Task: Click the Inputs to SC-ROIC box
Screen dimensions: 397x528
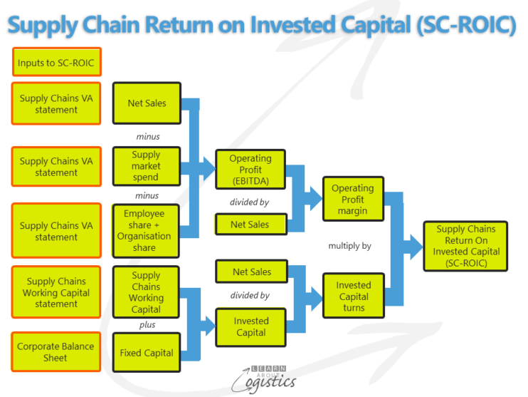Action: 56,63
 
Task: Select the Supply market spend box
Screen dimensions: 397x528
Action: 146,166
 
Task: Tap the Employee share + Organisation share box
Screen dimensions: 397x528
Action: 147,230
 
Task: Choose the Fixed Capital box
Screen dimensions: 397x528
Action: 146,353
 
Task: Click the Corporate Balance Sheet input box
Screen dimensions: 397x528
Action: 56,352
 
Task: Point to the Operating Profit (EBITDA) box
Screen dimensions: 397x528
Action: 250,170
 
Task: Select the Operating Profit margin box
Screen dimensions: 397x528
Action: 353,200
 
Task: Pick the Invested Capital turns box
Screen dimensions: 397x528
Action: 354,297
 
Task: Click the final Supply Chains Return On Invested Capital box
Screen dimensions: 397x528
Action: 465,246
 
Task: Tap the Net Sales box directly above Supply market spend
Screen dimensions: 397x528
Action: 147,103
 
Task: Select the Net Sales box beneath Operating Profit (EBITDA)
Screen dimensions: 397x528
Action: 250,225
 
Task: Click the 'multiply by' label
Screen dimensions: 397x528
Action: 349,246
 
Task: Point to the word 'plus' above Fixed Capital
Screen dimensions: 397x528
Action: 146,324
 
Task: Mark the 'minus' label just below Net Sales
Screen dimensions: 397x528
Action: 147,136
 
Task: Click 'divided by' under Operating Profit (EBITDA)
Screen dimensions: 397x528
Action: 249,202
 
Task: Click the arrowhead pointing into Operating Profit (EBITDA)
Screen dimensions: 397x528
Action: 207,168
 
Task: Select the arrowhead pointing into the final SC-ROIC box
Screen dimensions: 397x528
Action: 415,247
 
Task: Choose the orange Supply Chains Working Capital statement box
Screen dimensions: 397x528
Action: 56,292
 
